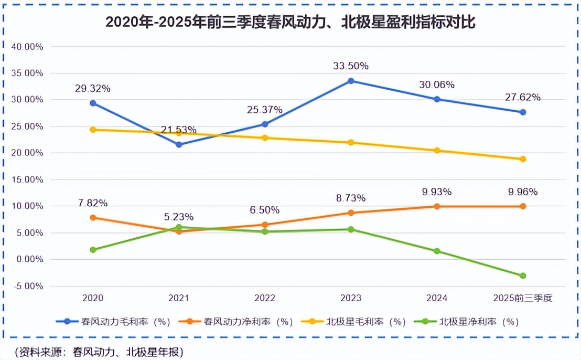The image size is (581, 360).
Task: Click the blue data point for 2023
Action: pos(351,81)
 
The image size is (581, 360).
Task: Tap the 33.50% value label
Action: pos(351,66)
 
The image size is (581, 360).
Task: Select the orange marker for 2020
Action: pos(93,217)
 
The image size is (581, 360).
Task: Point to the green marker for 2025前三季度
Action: pos(523,276)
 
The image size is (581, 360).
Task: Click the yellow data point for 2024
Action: pos(437,151)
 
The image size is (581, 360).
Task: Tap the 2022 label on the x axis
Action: pos(265,298)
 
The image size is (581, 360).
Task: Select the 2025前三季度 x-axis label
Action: pos(523,298)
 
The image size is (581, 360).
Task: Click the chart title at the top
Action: pos(290,22)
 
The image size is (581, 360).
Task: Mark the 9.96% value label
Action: pos(523,192)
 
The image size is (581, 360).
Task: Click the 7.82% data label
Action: pos(93,203)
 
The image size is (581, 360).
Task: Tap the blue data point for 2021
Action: pos(179,144)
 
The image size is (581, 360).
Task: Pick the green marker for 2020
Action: pos(93,250)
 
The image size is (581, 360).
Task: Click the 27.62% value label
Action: pos(523,98)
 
